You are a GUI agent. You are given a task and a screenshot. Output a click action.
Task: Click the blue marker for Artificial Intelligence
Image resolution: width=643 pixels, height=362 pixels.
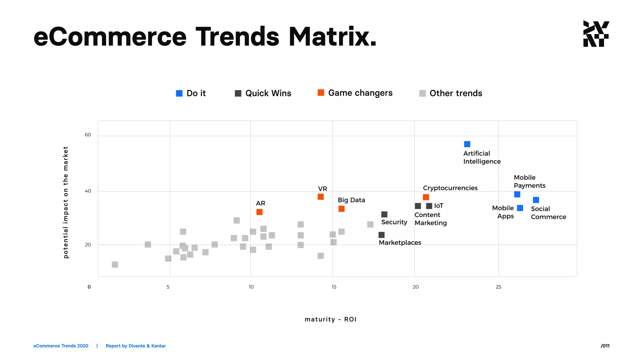coord(467,144)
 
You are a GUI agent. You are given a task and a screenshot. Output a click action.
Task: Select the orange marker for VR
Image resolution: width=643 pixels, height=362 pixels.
coord(321,197)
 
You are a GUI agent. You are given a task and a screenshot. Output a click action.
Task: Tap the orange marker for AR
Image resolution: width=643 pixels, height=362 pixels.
coord(259,212)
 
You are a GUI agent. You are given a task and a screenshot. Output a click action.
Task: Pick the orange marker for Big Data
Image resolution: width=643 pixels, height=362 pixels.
coord(342,209)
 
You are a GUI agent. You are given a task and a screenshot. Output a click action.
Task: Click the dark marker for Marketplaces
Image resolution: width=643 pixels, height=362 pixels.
coord(381,235)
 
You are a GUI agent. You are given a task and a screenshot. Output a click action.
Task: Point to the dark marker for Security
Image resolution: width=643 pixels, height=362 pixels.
coord(384,214)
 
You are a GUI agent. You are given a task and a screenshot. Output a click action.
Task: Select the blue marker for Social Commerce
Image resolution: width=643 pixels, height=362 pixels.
coord(536,200)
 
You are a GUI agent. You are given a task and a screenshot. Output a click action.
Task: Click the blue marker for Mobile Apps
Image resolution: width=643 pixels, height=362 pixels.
coord(520,208)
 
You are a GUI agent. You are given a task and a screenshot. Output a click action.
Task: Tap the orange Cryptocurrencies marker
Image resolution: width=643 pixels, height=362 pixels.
coord(426,197)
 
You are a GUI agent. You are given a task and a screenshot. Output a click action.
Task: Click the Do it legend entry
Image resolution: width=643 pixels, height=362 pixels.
coord(191,93)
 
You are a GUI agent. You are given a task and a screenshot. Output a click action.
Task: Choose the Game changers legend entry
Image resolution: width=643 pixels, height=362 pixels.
coord(355,93)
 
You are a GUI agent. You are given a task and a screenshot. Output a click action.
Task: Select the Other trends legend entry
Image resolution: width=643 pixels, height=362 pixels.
coord(451,93)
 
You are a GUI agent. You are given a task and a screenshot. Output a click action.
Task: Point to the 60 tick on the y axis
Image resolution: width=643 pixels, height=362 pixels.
coord(88,135)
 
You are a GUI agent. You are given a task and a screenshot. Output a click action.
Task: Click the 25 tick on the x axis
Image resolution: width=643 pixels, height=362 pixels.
coord(499,287)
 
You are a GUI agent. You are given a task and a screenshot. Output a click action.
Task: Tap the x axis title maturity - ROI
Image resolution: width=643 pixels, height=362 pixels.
coord(330,319)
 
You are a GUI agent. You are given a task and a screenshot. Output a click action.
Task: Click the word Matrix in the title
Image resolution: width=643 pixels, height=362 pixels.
coord(332,37)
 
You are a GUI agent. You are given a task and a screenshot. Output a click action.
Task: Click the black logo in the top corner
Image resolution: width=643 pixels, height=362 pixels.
coord(596,34)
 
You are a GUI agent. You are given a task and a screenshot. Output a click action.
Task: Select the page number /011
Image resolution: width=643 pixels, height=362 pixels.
coord(605,346)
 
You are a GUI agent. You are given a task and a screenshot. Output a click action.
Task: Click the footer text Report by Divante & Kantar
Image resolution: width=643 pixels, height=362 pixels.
coord(136,346)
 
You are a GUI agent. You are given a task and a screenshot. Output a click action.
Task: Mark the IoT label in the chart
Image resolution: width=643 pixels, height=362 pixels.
coord(439,206)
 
